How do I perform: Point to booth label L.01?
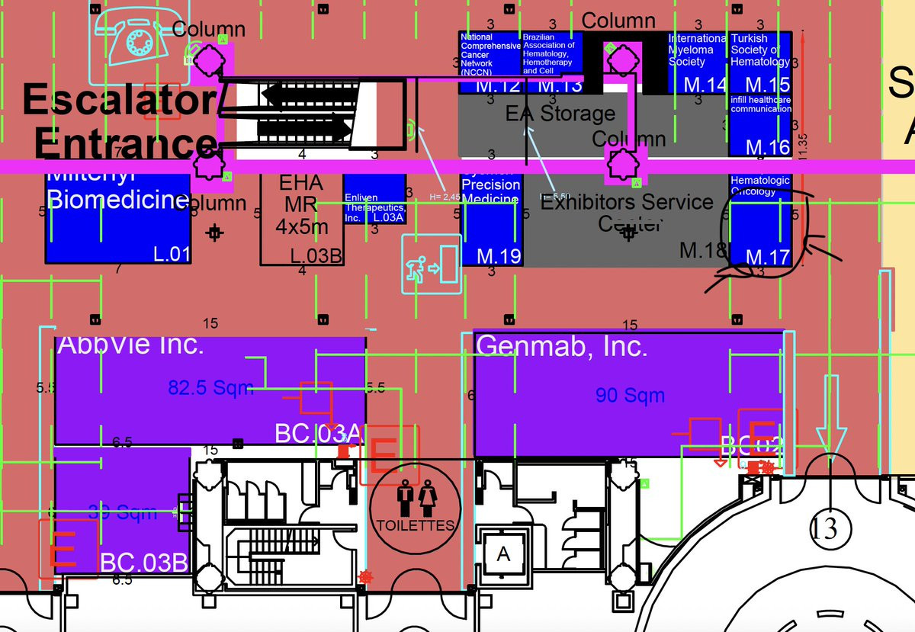click(172, 254)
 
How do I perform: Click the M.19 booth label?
click(499, 256)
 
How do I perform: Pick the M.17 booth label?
click(767, 258)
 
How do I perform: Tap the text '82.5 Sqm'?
click(210, 388)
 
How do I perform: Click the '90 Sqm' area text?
click(630, 395)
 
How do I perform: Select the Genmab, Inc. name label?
click(561, 347)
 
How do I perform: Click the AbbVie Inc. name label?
click(130, 345)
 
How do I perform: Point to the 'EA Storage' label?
click(560, 114)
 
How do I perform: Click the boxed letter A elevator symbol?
click(502, 554)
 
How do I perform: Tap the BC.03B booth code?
click(144, 563)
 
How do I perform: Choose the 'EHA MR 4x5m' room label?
click(302, 204)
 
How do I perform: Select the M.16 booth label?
click(767, 146)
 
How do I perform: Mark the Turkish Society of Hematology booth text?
click(759, 50)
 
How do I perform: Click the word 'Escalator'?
click(118, 100)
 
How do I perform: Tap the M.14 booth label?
click(705, 85)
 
